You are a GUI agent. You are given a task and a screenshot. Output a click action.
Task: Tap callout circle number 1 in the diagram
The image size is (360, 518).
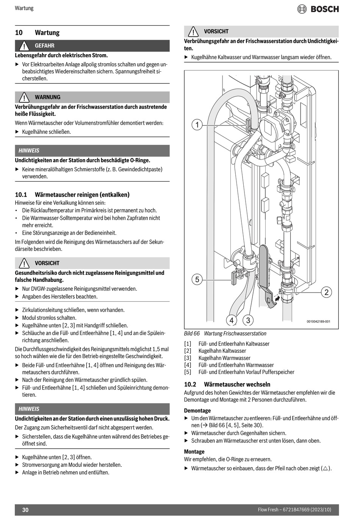(x=197, y=124)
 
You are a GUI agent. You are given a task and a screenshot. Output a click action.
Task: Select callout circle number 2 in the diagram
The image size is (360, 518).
(x=326, y=292)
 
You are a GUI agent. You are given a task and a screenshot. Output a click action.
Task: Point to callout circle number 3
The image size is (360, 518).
(x=248, y=320)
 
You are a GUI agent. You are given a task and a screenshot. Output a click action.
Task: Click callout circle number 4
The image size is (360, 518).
(x=232, y=320)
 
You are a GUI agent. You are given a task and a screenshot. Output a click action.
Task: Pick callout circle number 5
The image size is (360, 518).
(x=197, y=280)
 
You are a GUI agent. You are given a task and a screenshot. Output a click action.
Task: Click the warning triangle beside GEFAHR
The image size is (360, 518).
(x=24, y=46)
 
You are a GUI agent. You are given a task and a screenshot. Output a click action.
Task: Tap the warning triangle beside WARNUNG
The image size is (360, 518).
(x=24, y=97)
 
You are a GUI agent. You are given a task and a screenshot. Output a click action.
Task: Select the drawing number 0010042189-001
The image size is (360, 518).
(x=318, y=322)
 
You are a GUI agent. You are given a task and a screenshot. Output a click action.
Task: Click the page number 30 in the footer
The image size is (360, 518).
(x=25, y=510)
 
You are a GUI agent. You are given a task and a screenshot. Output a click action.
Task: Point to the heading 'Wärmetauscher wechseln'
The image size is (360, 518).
(x=237, y=384)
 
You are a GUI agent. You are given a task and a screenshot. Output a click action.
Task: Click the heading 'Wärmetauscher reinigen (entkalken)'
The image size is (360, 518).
(x=82, y=195)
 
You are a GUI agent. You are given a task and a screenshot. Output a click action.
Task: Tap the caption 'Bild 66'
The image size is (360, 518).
(x=192, y=333)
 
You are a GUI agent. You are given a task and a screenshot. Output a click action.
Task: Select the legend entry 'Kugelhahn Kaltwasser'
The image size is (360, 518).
(x=222, y=351)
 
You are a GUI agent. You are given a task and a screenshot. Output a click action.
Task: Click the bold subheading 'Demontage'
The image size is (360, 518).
(x=197, y=410)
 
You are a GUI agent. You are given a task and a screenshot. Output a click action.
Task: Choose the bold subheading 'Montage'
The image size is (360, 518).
(x=194, y=452)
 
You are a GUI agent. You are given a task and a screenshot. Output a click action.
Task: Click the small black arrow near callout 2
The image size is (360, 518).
(x=277, y=299)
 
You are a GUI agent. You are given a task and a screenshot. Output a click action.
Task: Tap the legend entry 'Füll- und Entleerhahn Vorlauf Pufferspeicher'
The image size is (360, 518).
(x=246, y=372)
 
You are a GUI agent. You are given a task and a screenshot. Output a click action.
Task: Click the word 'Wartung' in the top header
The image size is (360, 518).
(x=24, y=8)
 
